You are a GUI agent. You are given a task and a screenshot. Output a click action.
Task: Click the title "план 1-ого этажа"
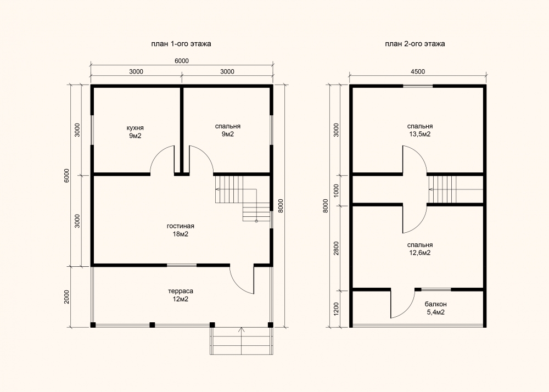181,44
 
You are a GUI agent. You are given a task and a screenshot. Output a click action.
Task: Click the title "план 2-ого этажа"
415,44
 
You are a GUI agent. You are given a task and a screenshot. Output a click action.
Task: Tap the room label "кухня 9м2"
135,132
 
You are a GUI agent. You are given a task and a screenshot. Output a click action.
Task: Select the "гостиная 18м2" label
180,230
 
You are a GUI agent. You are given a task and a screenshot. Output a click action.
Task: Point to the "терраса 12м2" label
180,295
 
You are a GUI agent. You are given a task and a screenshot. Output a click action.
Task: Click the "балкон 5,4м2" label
435,308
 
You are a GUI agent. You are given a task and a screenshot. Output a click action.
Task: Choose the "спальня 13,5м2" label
420,130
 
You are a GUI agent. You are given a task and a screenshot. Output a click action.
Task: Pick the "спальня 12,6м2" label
420,249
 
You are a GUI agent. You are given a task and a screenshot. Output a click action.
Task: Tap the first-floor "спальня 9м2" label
228,130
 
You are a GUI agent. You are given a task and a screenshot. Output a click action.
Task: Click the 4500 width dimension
417,71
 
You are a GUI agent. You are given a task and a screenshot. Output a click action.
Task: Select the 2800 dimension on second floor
337,248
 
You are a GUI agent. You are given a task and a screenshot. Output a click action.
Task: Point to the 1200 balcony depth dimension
337,309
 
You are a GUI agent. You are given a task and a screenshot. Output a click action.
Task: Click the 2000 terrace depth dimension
67,297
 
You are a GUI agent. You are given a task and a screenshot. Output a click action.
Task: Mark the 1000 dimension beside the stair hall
337,191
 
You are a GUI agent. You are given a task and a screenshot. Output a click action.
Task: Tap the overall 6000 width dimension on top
181,61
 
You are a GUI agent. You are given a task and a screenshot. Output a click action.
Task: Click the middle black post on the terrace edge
152,325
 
